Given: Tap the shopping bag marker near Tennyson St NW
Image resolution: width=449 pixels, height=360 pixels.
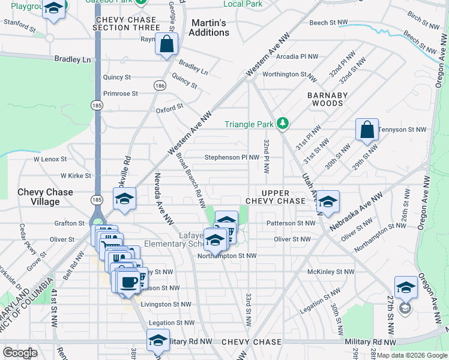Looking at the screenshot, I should [x=367, y=130].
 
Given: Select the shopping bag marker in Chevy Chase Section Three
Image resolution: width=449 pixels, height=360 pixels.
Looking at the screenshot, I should [x=167, y=44].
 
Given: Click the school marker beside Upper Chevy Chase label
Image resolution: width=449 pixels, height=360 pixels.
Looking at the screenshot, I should [x=328, y=202].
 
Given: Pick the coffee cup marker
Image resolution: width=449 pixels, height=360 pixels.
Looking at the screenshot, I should [x=127, y=282].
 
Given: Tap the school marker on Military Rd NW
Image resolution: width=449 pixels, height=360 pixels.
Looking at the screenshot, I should [x=158, y=340].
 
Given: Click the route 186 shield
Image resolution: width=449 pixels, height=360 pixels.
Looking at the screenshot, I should [x=160, y=87].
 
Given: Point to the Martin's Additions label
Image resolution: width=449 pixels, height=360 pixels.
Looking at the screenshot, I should [x=209, y=28].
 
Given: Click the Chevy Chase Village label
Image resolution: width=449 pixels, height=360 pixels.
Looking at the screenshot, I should [x=46, y=197].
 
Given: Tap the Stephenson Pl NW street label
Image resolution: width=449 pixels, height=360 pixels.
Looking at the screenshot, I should [x=232, y=158].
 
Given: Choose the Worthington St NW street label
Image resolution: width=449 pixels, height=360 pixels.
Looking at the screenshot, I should [x=289, y=74].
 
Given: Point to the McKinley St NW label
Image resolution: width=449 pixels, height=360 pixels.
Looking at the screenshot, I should [x=331, y=272].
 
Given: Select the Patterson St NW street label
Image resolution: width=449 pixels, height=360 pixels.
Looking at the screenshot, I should [x=291, y=223].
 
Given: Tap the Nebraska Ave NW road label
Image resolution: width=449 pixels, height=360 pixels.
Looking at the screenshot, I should [x=357, y=212].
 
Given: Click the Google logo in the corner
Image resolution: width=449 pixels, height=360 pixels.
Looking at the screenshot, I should [x=20, y=352].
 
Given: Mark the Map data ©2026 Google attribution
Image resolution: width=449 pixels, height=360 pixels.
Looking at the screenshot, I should [x=412, y=355].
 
